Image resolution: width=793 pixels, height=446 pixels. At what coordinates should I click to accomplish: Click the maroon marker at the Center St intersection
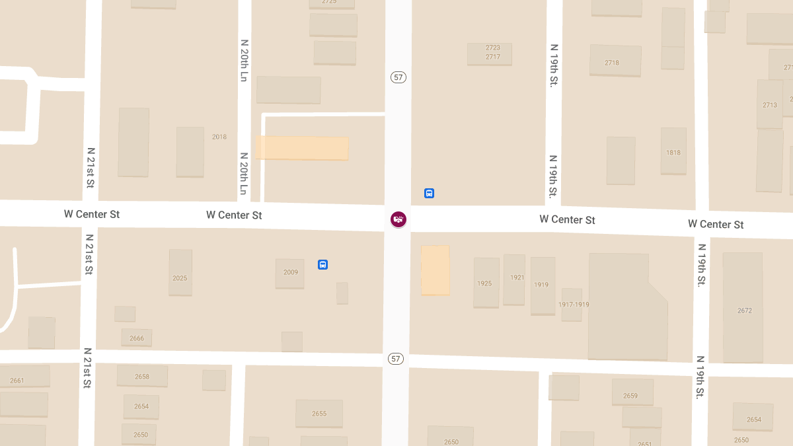point(398,219)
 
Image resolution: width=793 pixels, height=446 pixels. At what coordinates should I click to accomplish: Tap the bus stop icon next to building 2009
point(322,264)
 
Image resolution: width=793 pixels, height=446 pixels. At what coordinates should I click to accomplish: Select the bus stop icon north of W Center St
point(429,194)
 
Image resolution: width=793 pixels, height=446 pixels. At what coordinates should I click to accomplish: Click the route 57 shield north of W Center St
point(398,77)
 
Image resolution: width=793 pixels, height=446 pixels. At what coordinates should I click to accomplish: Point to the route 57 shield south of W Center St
point(395,359)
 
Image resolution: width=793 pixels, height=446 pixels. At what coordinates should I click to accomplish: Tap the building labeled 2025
point(180,272)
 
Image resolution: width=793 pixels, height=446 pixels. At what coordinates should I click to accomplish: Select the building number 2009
point(290,273)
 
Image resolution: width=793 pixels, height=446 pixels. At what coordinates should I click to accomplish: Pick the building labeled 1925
point(486,283)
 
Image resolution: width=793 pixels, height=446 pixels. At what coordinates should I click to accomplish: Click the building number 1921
point(514,279)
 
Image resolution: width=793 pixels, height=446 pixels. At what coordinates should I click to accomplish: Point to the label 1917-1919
point(573,305)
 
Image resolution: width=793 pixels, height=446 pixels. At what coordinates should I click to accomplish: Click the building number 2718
point(614,61)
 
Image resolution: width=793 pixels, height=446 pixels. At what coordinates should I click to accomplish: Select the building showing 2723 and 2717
point(490,53)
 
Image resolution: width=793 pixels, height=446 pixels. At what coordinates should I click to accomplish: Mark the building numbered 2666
point(137,338)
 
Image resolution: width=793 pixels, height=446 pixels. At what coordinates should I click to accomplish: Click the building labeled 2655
point(319,414)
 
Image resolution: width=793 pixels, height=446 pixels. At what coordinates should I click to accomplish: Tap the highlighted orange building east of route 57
point(435,270)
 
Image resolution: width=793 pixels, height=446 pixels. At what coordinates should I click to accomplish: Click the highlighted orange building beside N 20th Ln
point(302,148)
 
